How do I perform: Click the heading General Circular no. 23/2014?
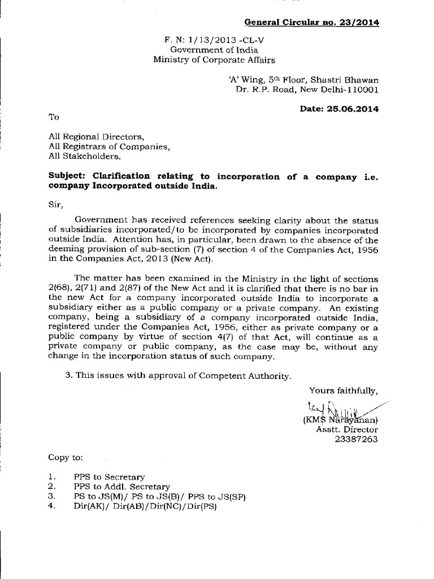click(311, 23)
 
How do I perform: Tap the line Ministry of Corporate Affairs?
click(214, 60)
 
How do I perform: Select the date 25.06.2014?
click(351, 109)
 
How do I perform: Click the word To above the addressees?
click(54, 117)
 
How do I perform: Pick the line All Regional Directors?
click(96, 137)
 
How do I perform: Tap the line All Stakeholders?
click(85, 157)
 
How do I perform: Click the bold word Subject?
click(67, 176)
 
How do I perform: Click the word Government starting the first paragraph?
click(102, 220)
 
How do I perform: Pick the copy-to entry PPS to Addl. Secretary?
click(121, 486)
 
